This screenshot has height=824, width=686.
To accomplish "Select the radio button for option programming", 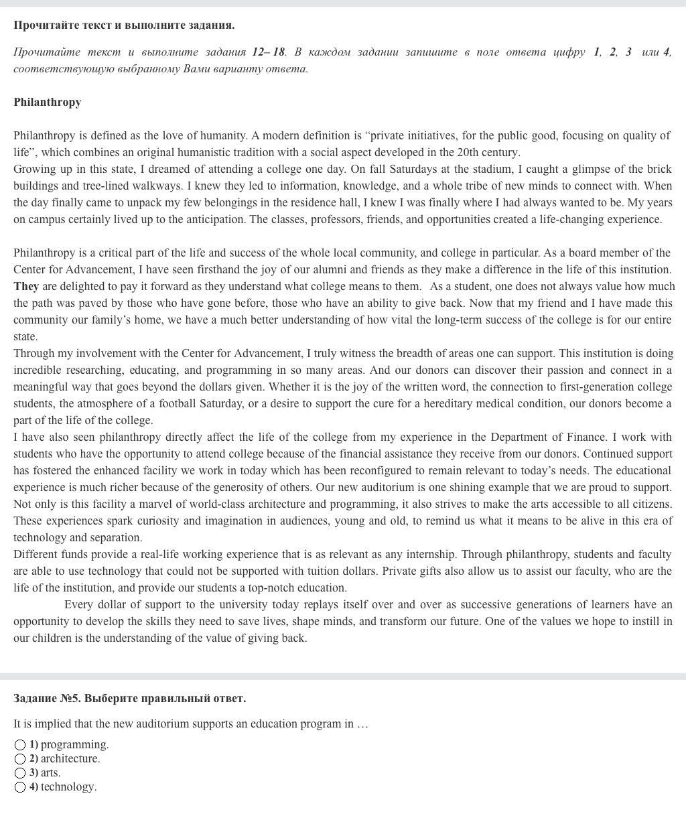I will (x=20, y=745).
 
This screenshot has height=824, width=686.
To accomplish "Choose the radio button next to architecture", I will (x=20, y=759).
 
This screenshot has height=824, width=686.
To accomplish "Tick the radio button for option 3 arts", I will (x=20, y=773).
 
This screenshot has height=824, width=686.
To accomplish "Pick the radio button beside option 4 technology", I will (x=20, y=787).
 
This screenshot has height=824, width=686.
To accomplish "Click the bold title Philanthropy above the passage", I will (x=47, y=102).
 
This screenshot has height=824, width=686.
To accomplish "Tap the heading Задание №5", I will (x=129, y=698).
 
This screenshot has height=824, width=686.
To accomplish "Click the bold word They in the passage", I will (x=26, y=286).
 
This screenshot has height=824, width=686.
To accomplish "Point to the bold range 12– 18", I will (x=269, y=52).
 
